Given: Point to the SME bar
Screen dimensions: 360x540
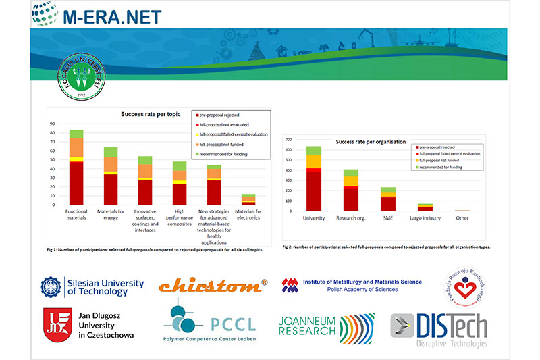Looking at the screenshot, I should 387,199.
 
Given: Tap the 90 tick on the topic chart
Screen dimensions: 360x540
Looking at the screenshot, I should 53,124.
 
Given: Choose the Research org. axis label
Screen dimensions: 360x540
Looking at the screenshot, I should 350,218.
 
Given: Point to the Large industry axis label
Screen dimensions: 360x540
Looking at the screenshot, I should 425,218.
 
